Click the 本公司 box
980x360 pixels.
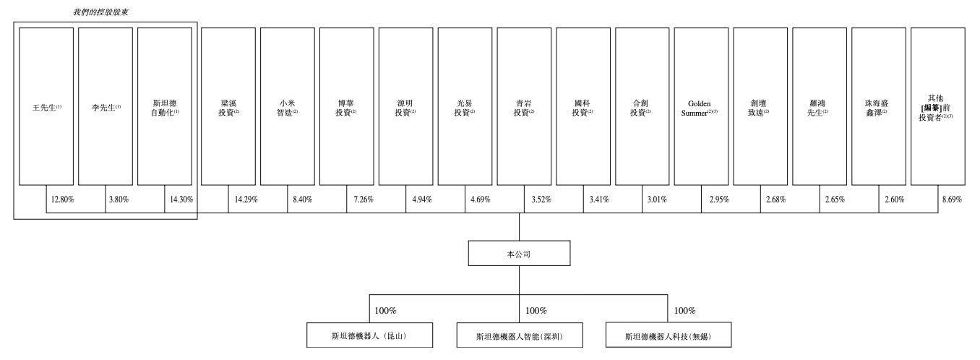pos(519,254)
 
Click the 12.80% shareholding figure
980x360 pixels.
pos(62,199)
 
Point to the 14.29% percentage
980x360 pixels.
pos(240,199)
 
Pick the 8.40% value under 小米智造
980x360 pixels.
pos(300,199)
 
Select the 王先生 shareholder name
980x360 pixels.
pos(47,108)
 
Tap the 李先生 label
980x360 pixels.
pos(106,108)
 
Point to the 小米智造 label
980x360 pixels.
pos(287,108)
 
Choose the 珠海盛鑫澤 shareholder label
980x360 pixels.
pos(879,108)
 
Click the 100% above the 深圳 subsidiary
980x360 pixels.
pos(536,311)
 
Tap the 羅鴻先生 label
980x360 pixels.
pos(819,108)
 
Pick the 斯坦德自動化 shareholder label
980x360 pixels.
pos(165,108)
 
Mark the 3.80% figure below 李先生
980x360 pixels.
pos(118,199)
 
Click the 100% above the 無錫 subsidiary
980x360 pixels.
pos(684,311)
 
